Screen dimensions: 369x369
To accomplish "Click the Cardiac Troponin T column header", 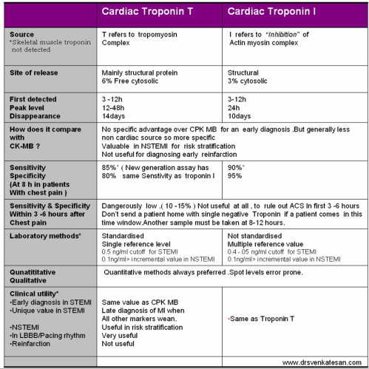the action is [x=158, y=13].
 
